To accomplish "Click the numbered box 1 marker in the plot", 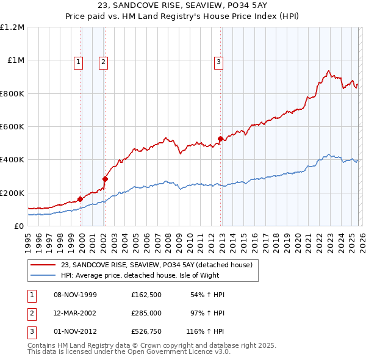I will coord(79,61).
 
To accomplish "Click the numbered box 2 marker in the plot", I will coord(104,61).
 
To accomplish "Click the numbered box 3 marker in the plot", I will coord(218,61).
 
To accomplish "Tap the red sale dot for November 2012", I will coord(220,139).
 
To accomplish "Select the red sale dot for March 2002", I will coord(105,179).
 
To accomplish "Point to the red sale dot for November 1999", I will coord(80,199).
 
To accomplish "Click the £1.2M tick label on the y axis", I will coord(12,27).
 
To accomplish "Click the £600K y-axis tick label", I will coord(12,127).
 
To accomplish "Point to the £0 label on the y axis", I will coord(18,226).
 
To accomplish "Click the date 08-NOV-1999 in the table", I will coord(76,295).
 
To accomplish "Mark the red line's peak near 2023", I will coord(329,71).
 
